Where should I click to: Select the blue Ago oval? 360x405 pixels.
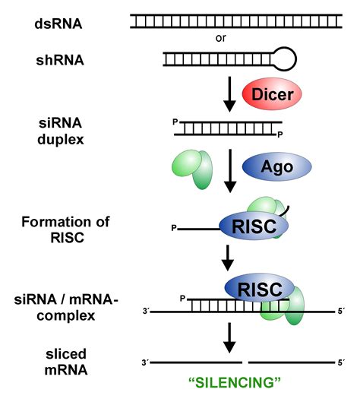coord(277,165)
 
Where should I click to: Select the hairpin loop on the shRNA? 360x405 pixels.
coord(287,57)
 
